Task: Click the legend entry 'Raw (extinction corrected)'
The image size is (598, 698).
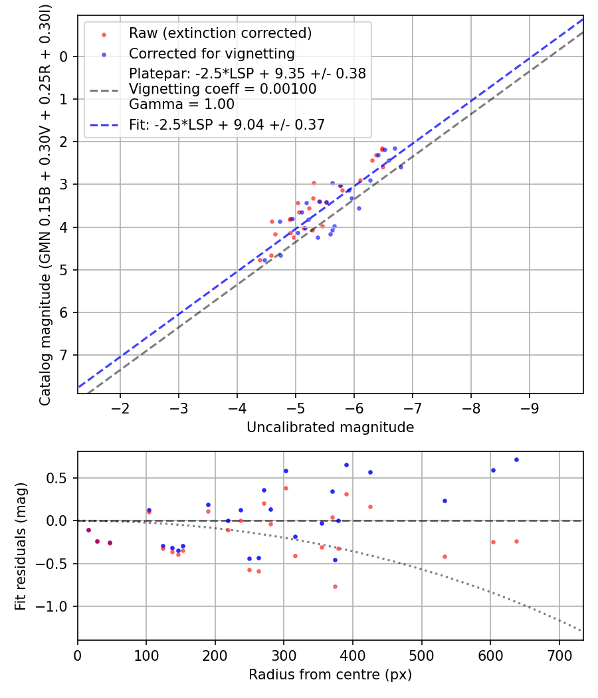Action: (220, 33)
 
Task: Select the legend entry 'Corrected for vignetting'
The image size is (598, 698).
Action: (211, 53)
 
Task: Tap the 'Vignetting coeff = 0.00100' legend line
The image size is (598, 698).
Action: (223, 89)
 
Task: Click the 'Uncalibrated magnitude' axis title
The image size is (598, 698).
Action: (330, 427)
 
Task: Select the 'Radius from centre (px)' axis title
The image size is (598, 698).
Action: (330, 675)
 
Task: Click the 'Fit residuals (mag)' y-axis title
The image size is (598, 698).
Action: (21, 546)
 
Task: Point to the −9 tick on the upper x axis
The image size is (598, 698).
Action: (529, 406)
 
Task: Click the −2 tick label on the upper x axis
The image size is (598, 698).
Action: (120, 406)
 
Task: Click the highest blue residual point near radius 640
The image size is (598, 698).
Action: (516, 459)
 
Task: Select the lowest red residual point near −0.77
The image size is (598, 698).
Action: (335, 586)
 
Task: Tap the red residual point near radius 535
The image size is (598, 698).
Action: (445, 556)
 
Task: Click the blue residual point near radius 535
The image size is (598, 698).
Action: (445, 501)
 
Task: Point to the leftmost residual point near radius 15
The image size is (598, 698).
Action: (88, 530)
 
